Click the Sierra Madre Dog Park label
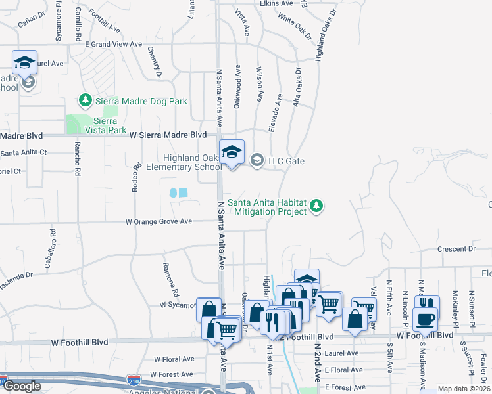[141, 101]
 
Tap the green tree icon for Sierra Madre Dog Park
[85, 100]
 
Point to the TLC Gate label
[285, 160]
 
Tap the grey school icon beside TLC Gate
[257, 160]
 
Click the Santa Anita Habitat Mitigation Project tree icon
[317, 206]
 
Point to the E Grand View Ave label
[114, 44]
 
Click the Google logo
[22, 386]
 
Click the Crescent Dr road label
[456, 249]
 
